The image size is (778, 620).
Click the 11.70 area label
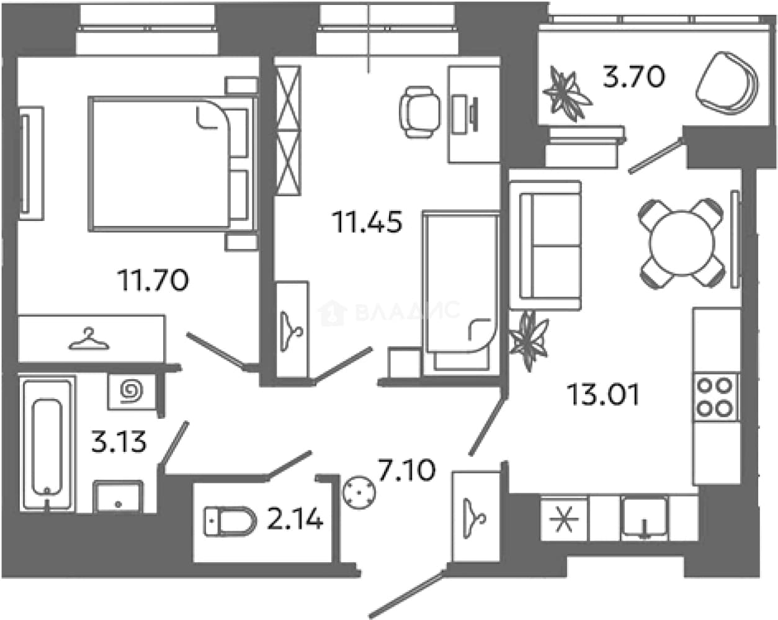(x=153, y=281)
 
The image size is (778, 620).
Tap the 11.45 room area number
(x=367, y=222)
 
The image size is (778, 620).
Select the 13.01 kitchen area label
(x=603, y=394)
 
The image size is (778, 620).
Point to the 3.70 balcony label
(x=633, y=77)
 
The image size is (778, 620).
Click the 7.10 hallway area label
(x=407, y=470)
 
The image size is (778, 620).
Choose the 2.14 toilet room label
(x=295, y=519)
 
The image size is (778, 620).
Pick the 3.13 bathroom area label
(x=119, y=442)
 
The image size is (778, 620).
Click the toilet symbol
(x=230, y=521)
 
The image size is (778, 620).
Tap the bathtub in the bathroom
(x=47, y=444)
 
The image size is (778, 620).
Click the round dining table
(x=682, y=243)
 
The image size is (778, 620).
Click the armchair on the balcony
(x=727, y=83)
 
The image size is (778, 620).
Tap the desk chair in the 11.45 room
(x=420, y=112)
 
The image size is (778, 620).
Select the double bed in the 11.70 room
(x=173, y=163)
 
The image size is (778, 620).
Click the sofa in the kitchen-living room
(x=545, y=245)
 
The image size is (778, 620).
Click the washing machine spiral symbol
(x=132, y=391)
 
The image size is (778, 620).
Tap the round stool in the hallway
(x=359, y=493)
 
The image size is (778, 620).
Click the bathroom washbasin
(x=118, y=496)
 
